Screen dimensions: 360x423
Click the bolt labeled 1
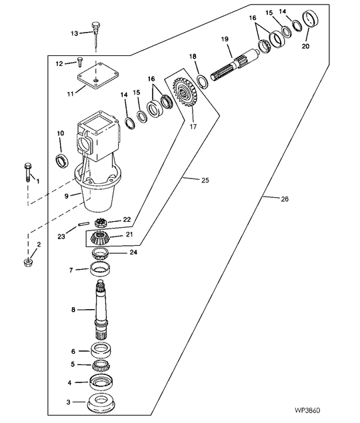tap(28, 173)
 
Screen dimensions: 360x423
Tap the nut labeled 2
tap(28, 262)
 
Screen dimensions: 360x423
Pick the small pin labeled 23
tap(83, 224)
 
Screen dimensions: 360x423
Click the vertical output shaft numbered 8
tap(101, 310)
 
